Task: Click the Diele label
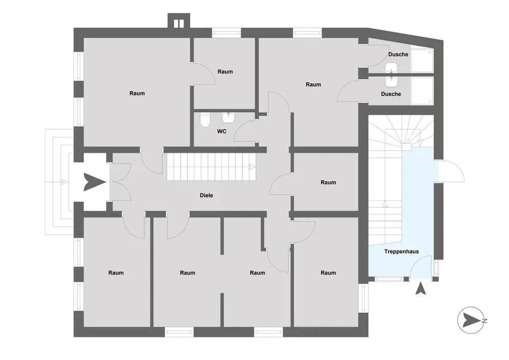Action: pyautogui.click(x=206, y=195)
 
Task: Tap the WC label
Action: pyautogui.click(x=222, y=131)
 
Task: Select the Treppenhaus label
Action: pyautogui.click(x=401, y=251)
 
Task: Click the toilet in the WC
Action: pyautogui.click(x=205, y=120)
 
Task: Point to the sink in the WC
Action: pyautogui.click(x=228, y=118)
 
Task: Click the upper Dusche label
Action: pyautogui.click(x=398, y=54)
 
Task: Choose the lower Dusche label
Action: pyautogui.click(x=391, y=94)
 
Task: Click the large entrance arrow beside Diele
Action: pyautogui.click(x=95, y=182)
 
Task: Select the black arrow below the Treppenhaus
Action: pyautogui.click(x=421, y=288)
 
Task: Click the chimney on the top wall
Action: pyautogui.click(x=179, y=21)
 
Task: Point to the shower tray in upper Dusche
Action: pyautogui.click(x=421, y=61)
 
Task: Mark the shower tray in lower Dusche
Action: pyautogui.click(x=421, y=91)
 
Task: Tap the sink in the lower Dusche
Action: pyautogui.click(x=391, y=81)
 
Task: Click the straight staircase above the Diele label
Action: pyautogui.click(x=211, y=167)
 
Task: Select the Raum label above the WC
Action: pyautogui.click(x=225, y=72)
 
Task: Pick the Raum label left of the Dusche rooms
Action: pyautogui.click(x=313, y=85)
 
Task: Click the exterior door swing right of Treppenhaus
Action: pyautogui.click(x=451, y=171)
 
